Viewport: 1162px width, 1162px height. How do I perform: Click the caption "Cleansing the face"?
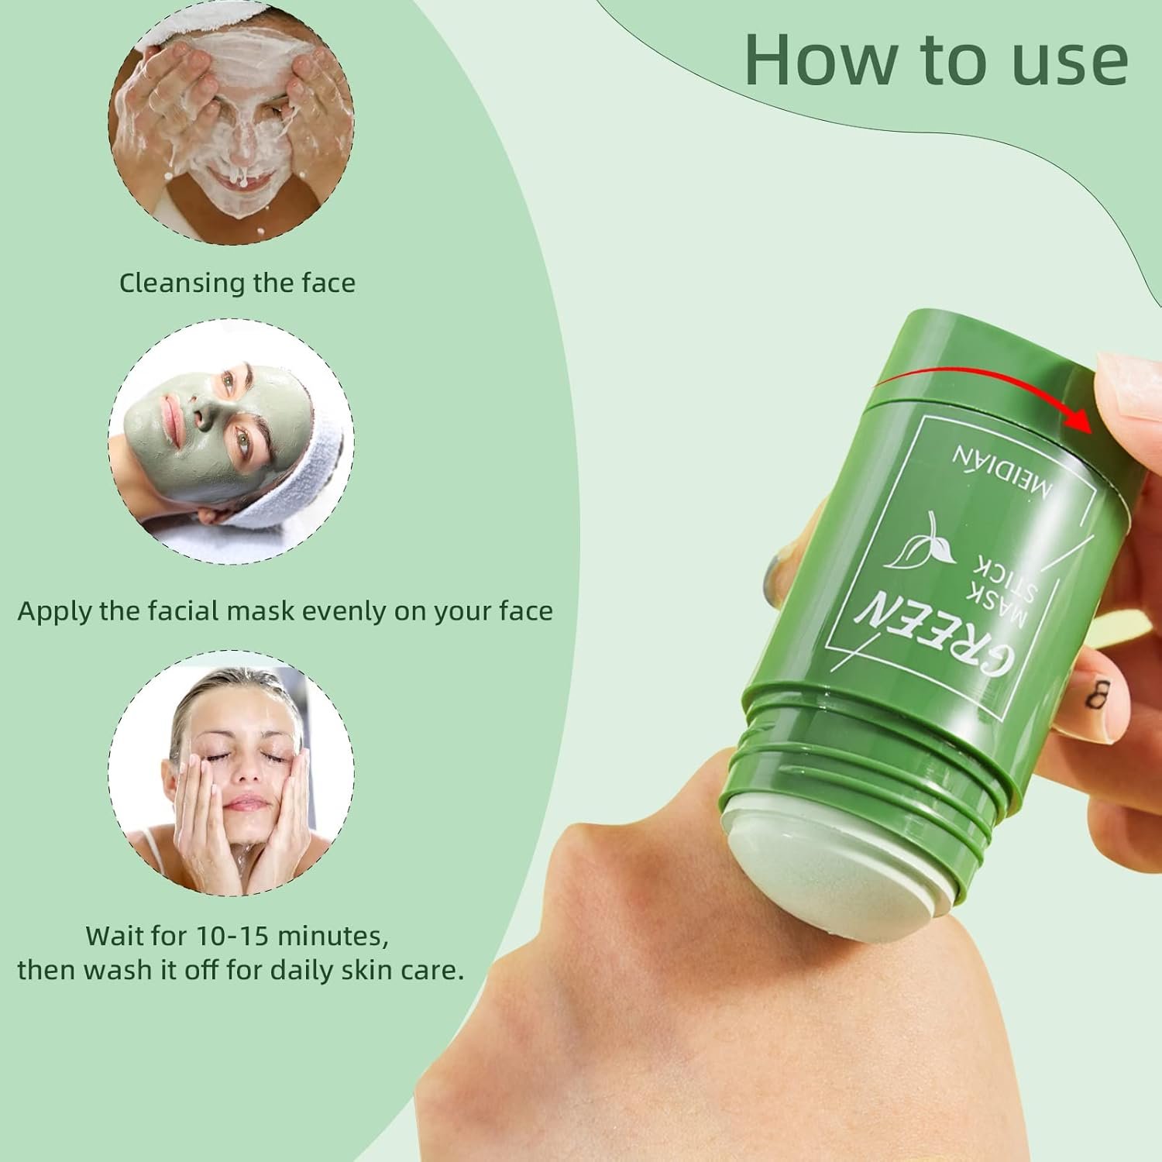[237, 283]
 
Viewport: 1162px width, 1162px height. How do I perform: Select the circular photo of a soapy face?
[231, 122]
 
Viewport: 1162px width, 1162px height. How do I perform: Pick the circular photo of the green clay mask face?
[231, 442]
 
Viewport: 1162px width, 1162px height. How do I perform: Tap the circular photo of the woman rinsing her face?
[231, 773]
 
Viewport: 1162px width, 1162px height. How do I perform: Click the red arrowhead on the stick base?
[1077, 419]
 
